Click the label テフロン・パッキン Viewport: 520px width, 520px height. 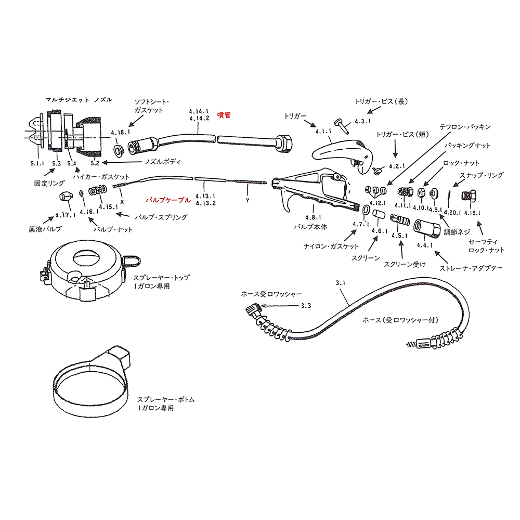464,126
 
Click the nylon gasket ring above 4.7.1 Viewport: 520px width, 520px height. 366,210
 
